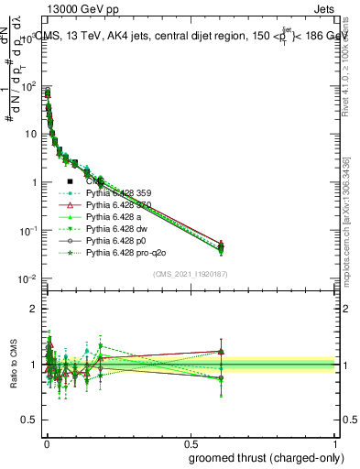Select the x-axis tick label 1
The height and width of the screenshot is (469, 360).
point(335,442)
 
